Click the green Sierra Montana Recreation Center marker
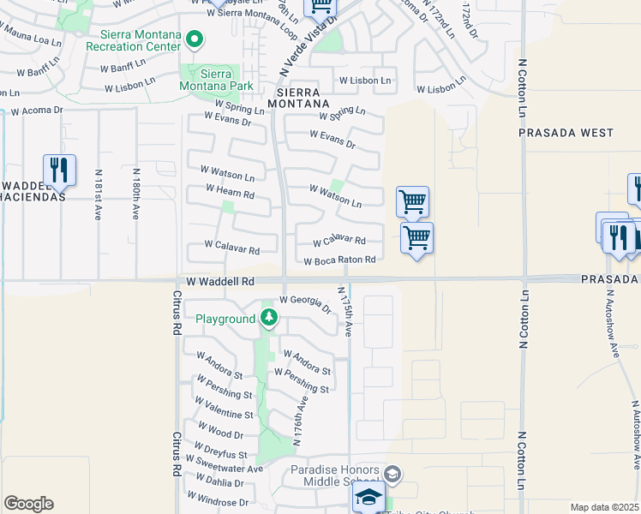tap(195, 39)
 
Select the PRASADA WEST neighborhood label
tap(566, 133)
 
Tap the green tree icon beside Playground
tap(269, 319)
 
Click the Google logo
tap(28, 503)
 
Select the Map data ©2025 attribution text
tap(604, 507)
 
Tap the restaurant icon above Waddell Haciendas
tap(59, 170)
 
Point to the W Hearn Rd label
tap(230, 192)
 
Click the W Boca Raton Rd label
tap(339, 260)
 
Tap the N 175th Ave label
tap(347, 312)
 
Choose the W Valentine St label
tap(225, 410)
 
